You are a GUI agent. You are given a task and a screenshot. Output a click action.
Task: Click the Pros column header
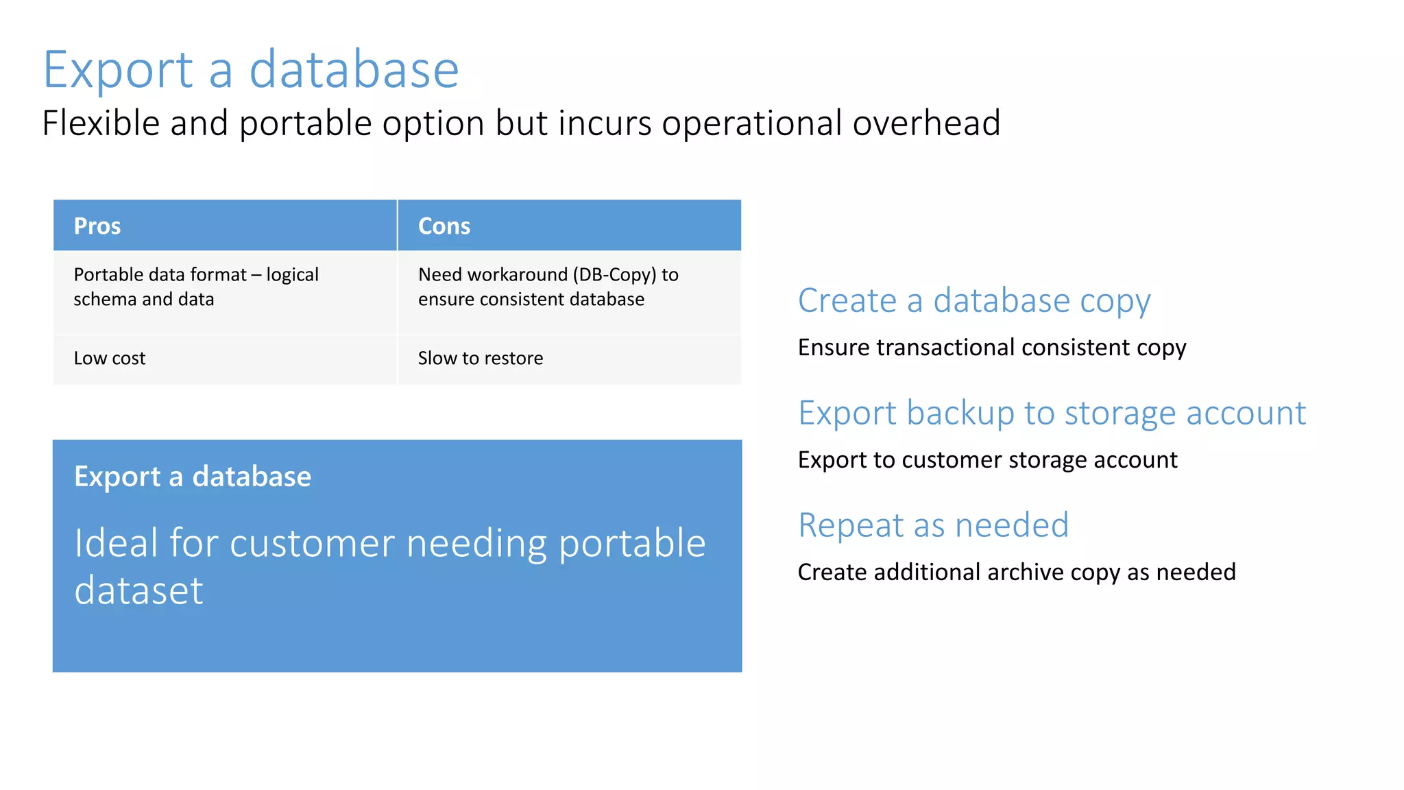(x=97, y=226)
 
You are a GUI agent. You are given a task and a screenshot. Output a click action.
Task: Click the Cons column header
(x=444, y=226)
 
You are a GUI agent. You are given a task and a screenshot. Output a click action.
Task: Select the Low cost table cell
(x=110, y=359)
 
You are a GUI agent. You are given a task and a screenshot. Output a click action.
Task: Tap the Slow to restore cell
(x=480, y=359)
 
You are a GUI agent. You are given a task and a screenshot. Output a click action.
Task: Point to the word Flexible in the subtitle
(x=101, y=123)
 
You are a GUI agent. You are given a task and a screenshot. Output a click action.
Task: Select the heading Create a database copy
(x=973, y=301)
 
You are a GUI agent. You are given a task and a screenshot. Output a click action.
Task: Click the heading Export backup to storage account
(x=1052, y=414)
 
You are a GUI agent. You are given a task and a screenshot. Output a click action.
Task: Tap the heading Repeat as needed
(x=933, y=526)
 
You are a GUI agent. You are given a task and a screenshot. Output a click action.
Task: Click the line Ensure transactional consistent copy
(x=991, y=348)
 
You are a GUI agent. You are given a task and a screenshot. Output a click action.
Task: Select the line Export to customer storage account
(x=987, y=460)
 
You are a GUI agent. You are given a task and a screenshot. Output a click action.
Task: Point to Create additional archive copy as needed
(x=1016, y=573)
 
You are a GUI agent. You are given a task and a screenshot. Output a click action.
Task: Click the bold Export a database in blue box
(x=193, y=477)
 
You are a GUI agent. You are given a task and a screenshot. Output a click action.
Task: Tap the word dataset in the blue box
(x=139, y=591)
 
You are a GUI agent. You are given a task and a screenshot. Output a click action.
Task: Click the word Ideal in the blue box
(x=116, y=543)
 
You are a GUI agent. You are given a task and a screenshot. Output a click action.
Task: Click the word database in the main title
(x=354, y=70)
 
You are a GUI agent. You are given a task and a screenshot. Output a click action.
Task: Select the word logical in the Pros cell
(x=292, y=276)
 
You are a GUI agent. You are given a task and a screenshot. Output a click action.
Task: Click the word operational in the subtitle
(x=751, y=123)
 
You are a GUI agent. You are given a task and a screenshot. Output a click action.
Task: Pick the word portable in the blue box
(x=632, y=544)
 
